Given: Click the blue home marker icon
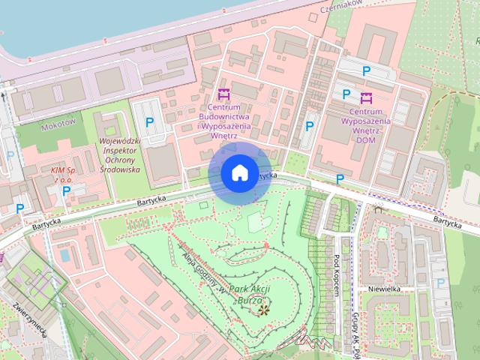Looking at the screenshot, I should [x=238, y=173].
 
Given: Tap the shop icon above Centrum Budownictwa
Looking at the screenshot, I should [x=223, y=94].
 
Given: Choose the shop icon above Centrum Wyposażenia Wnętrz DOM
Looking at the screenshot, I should [x=366, y=97].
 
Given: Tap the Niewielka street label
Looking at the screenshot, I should [x=386, y=289].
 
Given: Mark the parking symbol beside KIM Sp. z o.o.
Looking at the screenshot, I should [x=66, y=190].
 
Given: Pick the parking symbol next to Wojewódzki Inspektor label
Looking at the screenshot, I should [x=149, y=121].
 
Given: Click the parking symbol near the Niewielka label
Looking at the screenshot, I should [x=440, y=283].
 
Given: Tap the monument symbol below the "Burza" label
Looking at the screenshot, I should [x=262, y=307].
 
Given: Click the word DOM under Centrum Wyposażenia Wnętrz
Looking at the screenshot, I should [x=366, y=139].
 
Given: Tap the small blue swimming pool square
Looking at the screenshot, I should [x=65, y=255].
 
